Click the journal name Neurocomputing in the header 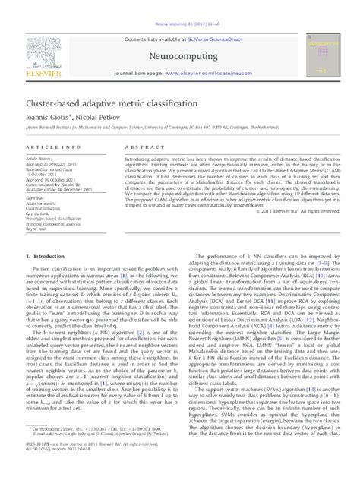coord(179,34)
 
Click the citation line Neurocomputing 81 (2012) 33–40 coord(179,5)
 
